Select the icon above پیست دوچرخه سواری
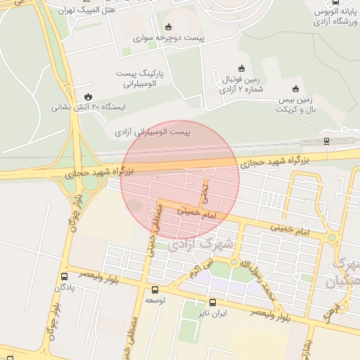(167, 27)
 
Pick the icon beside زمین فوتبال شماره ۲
(242, 68)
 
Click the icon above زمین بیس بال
(295, 89)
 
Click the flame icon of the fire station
(87, 96)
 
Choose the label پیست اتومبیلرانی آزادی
(153, 131)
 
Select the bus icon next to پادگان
(65, 276)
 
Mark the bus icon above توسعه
(155, 290)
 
